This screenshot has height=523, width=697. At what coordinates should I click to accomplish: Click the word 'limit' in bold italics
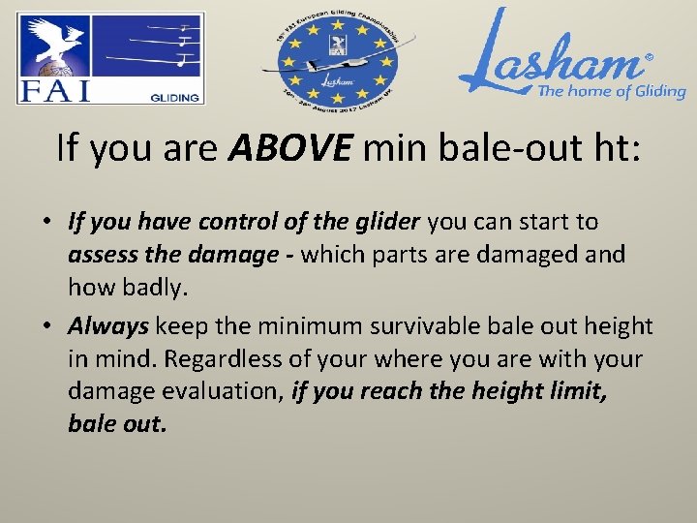579,392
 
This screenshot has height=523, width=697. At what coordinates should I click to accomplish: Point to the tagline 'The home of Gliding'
611,92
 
